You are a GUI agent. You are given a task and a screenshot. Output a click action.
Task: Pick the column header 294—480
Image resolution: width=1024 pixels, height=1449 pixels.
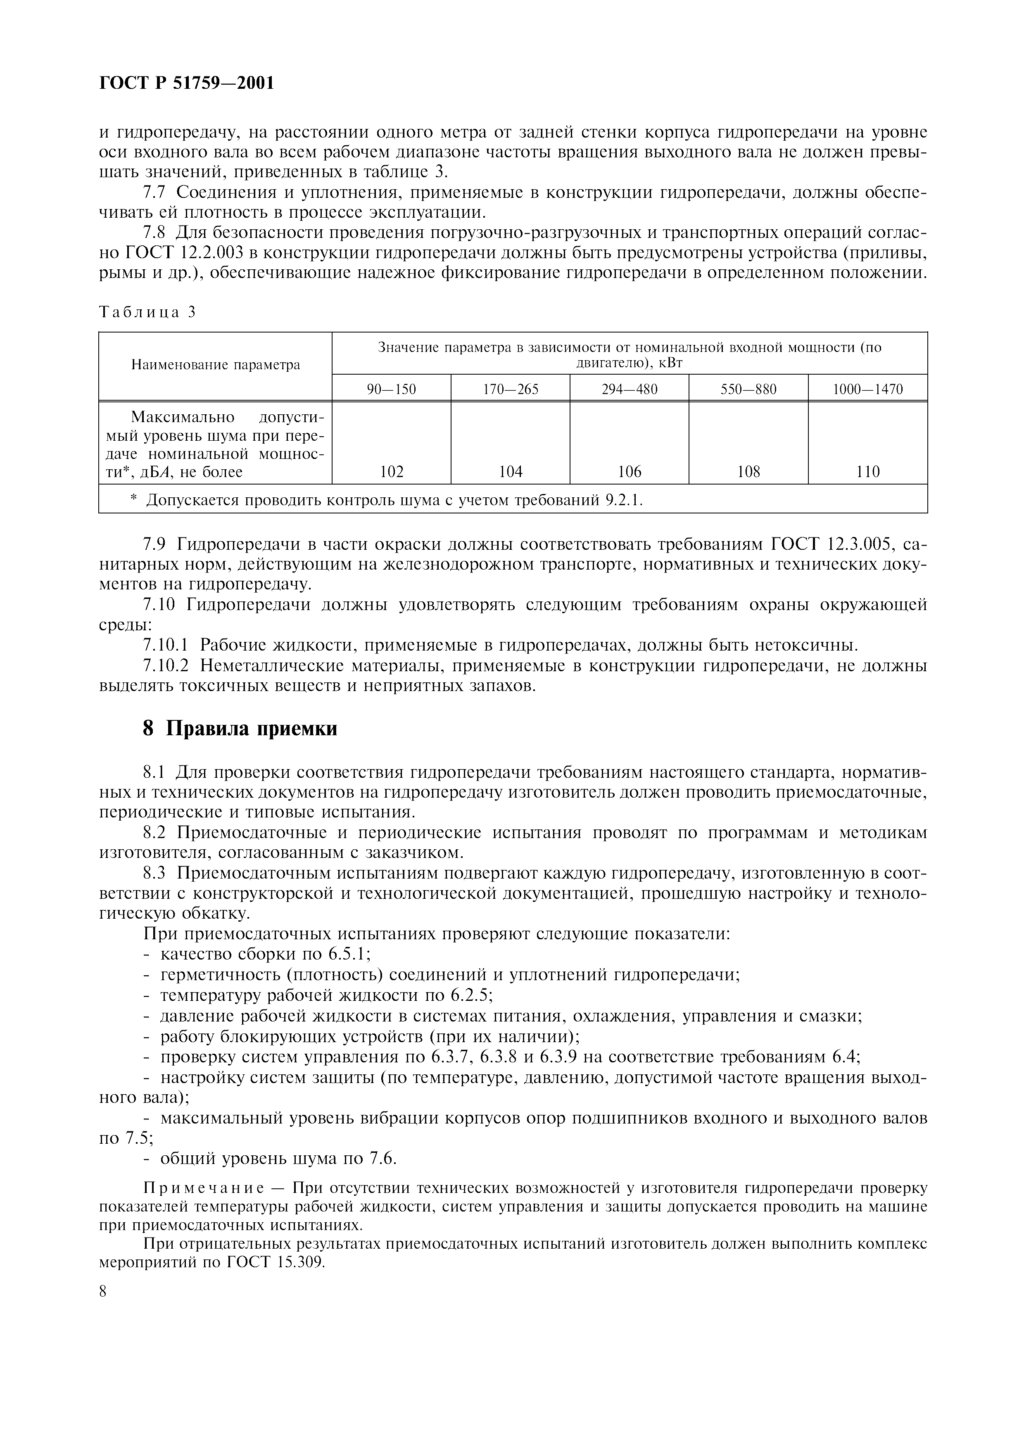tap(629, 390)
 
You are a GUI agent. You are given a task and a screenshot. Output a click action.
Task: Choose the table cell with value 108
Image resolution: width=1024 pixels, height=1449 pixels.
tap(748, 471)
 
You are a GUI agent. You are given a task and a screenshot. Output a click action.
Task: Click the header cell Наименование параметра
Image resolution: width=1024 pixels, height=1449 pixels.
tap(215, 365)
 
